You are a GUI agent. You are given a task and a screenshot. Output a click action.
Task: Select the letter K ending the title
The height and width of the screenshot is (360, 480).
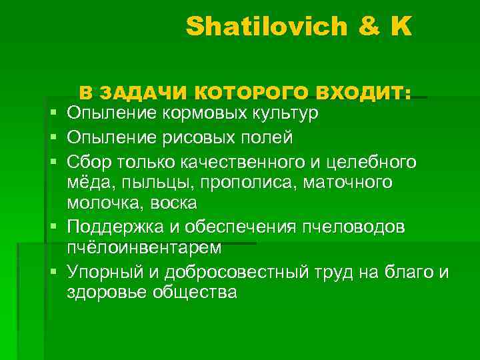point(401,27)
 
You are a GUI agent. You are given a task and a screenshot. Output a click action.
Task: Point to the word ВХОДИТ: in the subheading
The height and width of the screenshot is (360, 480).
point(363,93)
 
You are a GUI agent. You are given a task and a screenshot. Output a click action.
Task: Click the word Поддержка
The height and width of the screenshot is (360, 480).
point(119,227)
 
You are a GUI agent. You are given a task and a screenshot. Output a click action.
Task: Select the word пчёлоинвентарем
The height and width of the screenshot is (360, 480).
point(144,248)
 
